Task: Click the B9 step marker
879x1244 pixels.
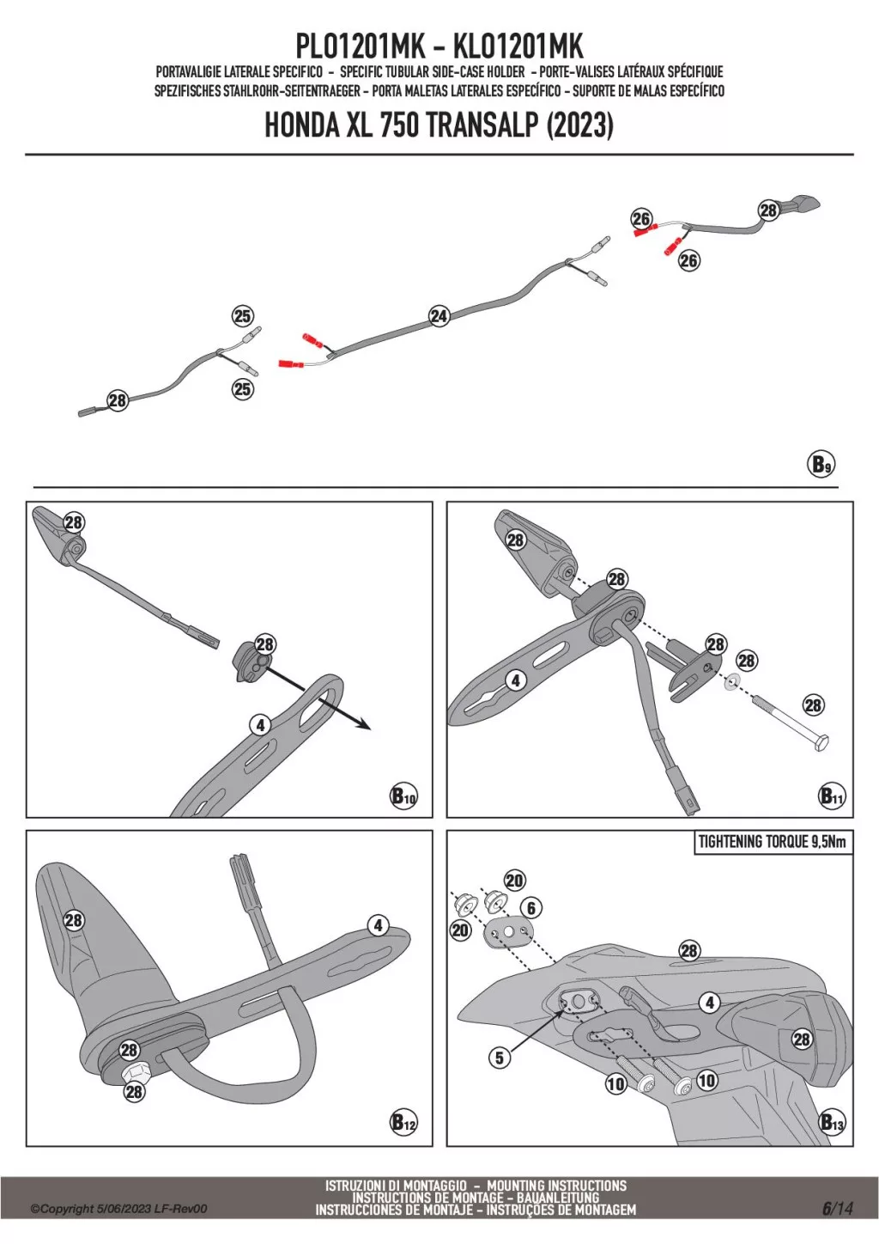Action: [821, 465]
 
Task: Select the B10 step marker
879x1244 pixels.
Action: [403, 796]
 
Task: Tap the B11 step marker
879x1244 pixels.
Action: [831, 796]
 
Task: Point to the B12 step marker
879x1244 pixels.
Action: [403, 1122]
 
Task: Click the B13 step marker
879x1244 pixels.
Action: [831, 1122]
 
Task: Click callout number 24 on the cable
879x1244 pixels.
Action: [439, 316]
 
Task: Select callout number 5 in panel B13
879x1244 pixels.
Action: [500, 1058]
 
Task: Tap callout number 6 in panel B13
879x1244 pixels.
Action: [531, 908]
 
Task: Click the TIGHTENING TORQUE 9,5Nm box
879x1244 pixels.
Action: [772, 842]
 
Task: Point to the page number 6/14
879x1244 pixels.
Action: [838, 1209]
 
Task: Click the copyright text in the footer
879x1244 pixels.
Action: [118, 1209]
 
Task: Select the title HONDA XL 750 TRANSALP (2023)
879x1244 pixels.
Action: [439, 125]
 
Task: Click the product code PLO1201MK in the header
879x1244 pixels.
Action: [360, 46]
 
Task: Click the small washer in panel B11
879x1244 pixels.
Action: [732, 683]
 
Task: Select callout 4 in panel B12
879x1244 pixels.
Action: [379, 925]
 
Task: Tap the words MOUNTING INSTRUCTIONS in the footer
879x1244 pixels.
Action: [556, 1186]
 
